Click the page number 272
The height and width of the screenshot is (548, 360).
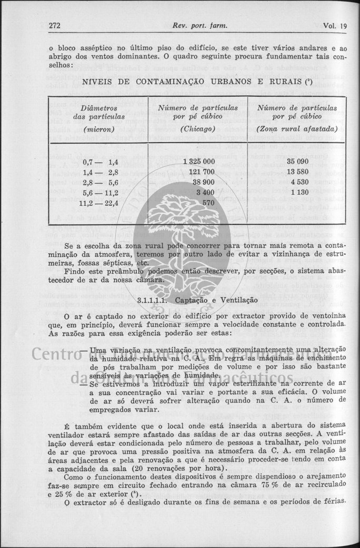tap(55, 26)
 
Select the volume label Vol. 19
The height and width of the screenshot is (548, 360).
tap(336, 26)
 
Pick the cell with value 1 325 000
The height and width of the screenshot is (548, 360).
tap(198, 162)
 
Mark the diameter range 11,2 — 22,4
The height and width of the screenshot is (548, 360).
tap(98, 202)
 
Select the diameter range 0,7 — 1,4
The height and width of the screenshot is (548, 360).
tap(101, 162)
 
